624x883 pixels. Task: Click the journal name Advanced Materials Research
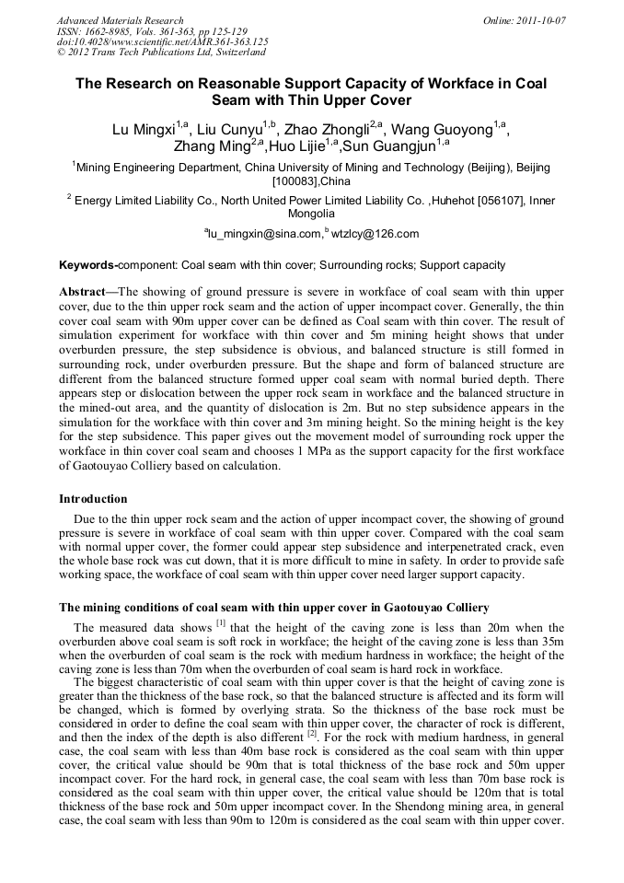[x=120, y=20]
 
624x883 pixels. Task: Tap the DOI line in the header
[x=162, y=42]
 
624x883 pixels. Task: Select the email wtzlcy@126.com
[x=376, y=235]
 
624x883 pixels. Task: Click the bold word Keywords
[x=87, y=265]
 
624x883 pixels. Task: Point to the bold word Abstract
[x=85, y=290]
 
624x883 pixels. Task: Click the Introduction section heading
[x=93, y=498]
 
